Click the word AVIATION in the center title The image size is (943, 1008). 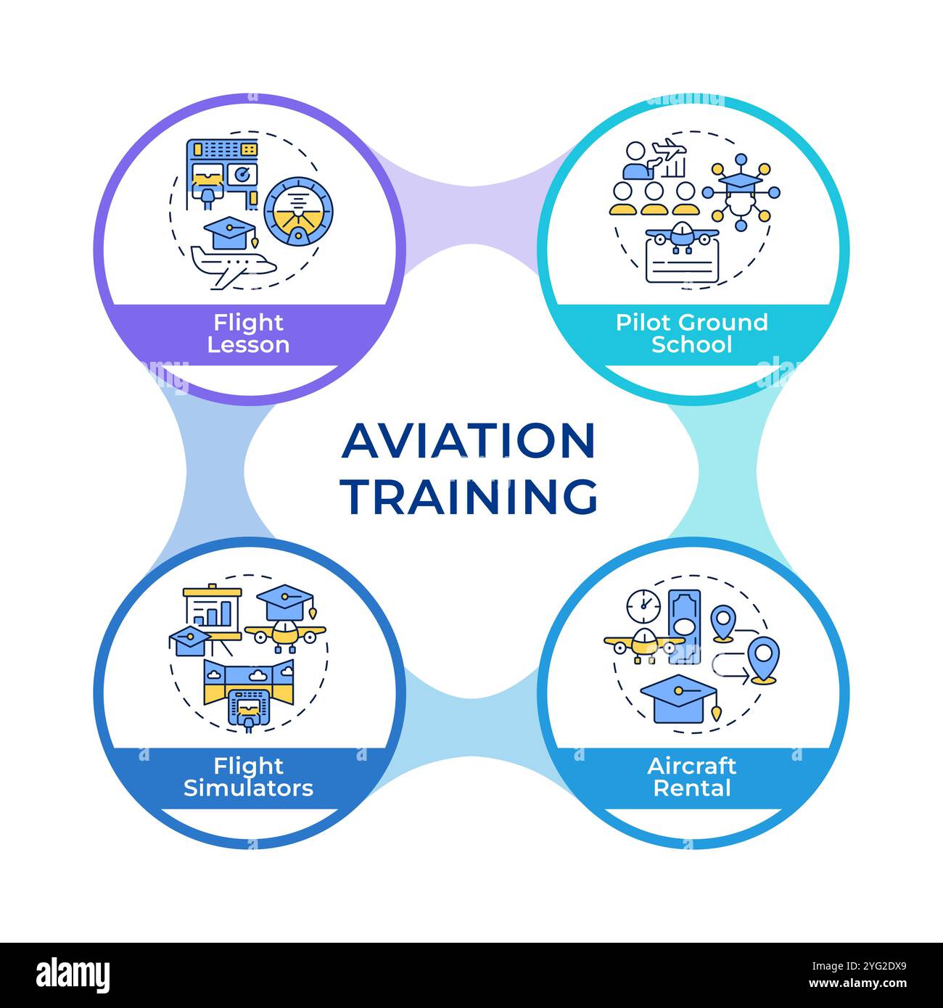point(468,441)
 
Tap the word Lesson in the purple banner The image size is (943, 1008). point(248,345)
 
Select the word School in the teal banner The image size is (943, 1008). point(691,344)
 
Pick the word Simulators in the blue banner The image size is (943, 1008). point(248,788)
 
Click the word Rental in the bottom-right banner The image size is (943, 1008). point(691,788)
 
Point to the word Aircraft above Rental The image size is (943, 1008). point(691,766)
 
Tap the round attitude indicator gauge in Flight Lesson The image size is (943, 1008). point(299,210)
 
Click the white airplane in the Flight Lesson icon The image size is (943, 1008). point(234,266)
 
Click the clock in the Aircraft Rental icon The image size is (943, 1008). point(643,606)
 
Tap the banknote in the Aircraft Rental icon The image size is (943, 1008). point(685,626)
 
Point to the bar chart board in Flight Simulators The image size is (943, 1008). point(213,614)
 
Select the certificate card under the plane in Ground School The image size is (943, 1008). point(683,261)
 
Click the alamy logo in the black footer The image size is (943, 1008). point(73,975)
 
